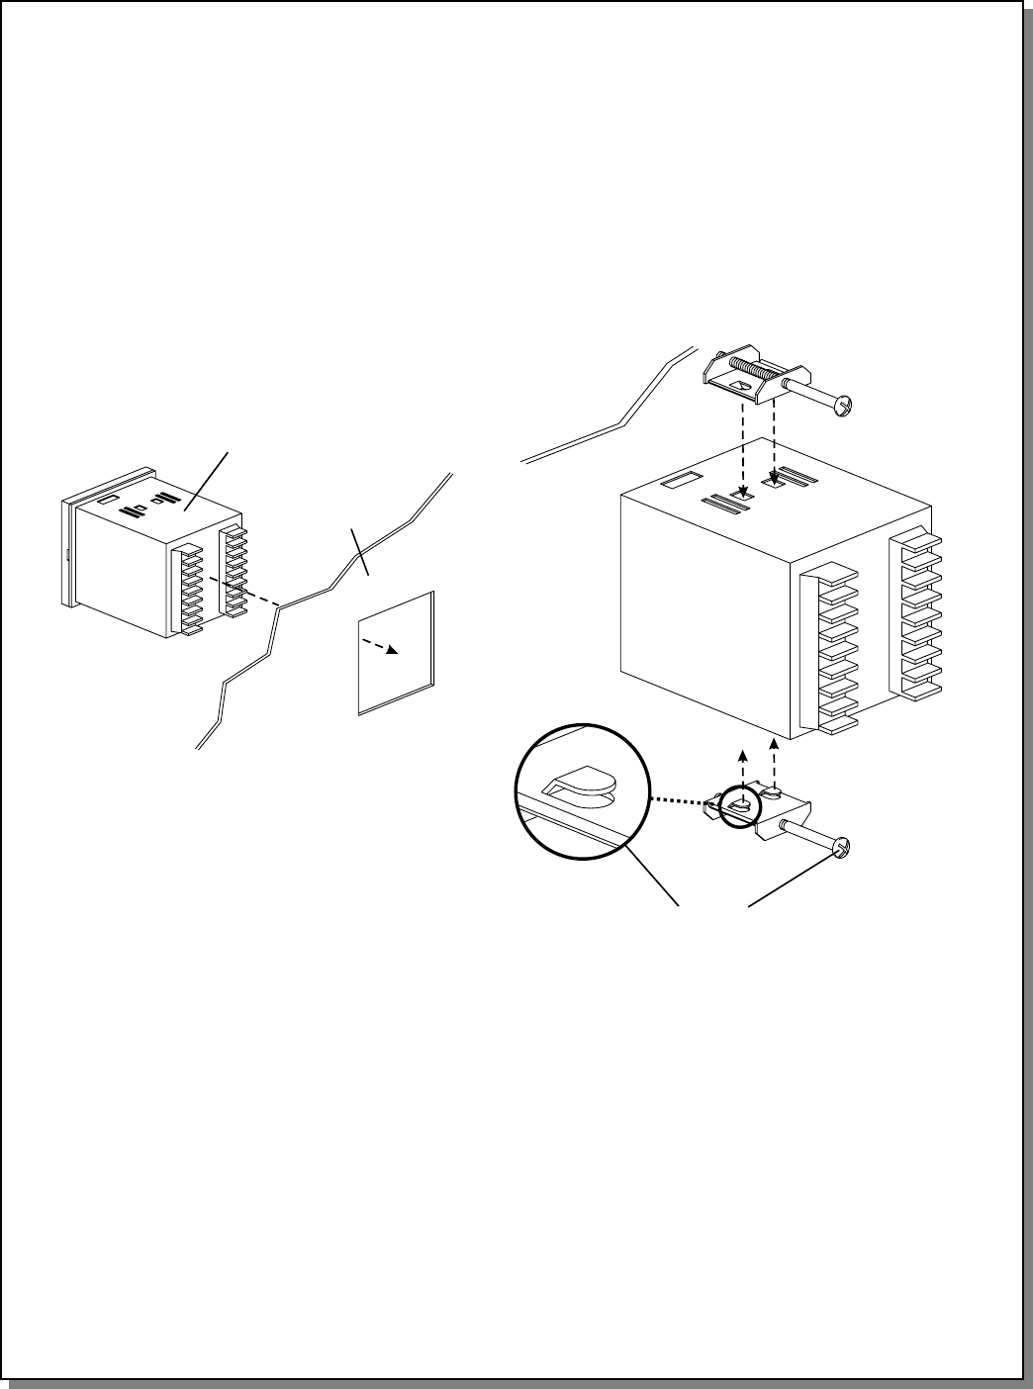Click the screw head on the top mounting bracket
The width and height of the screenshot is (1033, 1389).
pyautogui.click(x=844, y=404)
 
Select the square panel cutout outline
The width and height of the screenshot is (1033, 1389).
pyautogui.click(x=395, y=653)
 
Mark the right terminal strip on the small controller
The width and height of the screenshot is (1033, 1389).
pyautogui.click(x=235, y=571)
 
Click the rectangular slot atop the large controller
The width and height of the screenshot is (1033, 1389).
pyautogui.click(x=679, y=484)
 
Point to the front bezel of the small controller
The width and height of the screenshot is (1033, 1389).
pyautogui.click(x=69, y=554)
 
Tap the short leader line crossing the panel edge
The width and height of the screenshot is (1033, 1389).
pyautogui.click(x=361, y=551)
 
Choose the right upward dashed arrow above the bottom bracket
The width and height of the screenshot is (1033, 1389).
pyautogui.click(x=774, y=757)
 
